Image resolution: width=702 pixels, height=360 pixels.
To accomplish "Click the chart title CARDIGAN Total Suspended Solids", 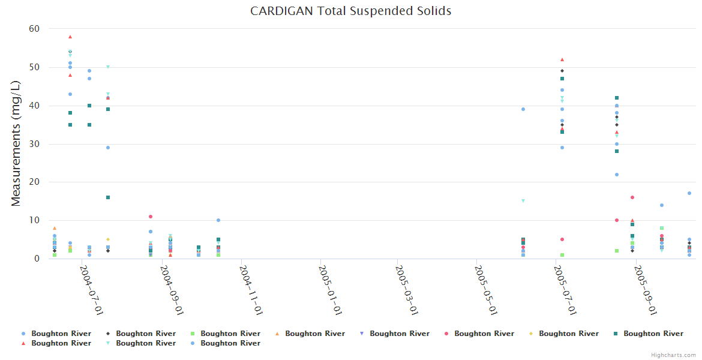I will point(350,11).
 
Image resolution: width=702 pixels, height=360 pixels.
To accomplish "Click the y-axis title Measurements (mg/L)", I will point(16,144).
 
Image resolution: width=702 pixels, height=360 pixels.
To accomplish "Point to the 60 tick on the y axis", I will point(34,29).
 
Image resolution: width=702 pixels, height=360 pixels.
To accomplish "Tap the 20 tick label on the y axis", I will point(34,182).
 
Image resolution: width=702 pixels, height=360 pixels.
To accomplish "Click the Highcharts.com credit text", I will point(673,355).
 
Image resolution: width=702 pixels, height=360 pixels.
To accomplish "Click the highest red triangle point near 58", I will point(70,37).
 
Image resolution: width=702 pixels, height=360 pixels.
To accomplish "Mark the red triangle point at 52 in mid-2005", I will point(562,59).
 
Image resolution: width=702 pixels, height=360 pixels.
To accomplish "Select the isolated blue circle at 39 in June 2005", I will point(523,109).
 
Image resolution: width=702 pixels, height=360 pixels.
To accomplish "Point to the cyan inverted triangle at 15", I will point(523,201).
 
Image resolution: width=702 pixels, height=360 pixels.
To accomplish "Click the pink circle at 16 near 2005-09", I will point(632,197).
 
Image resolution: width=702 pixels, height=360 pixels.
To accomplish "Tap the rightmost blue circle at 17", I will point(689,193).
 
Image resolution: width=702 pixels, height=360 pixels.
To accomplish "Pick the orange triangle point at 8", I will point(55,228).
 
